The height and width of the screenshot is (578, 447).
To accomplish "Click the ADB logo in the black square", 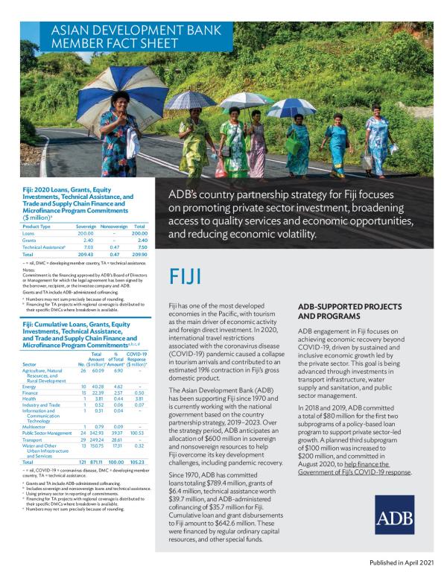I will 406,519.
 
